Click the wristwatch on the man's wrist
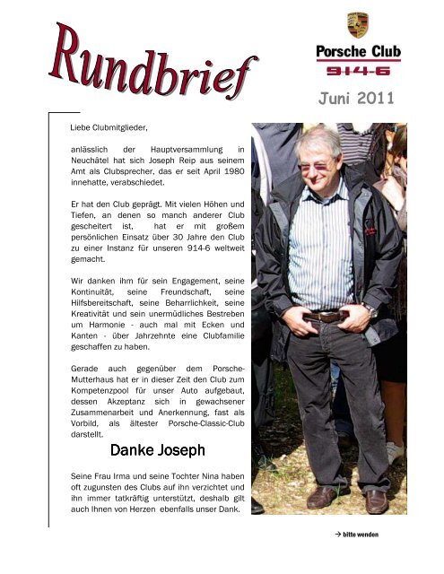coord(371,311)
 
